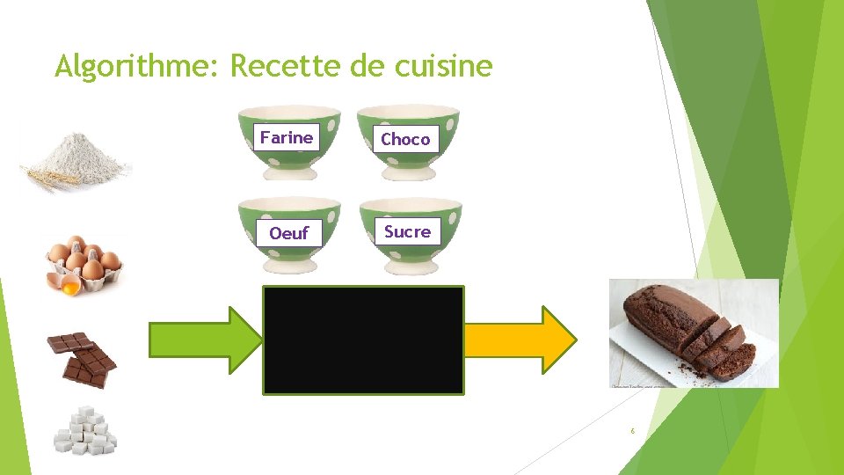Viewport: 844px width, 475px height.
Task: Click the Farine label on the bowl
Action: (x=287, y=137)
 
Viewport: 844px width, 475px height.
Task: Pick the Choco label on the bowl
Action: (x=405, y=139)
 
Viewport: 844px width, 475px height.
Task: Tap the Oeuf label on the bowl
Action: (x=288, y=233)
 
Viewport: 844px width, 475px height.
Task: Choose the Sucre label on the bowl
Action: (x=407, y=231)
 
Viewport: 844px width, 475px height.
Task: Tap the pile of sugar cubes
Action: (x=85, y=430)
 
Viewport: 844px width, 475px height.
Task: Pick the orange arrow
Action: (x=519, y=340)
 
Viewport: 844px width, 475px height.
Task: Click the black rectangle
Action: (x=363, y=340)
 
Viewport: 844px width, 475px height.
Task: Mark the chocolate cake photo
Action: (x=694, y=332)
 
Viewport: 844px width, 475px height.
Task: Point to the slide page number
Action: (x=631, y=431)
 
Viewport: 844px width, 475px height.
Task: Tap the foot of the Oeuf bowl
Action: (x=288, y=267)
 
